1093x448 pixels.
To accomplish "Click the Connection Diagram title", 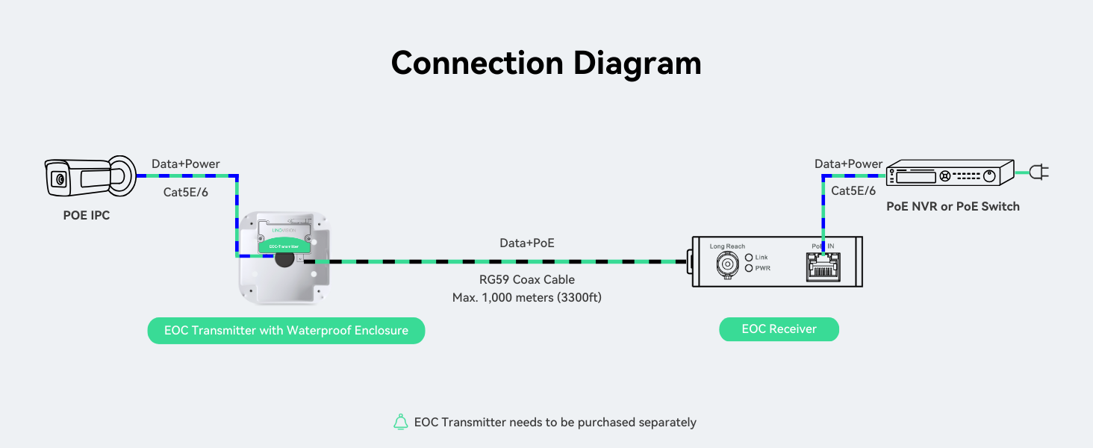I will click(546, 63).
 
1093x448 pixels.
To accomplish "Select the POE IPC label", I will click(86, 217).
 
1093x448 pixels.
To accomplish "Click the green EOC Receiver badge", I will click(779, 329).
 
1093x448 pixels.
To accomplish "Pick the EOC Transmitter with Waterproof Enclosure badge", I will click(286, 331).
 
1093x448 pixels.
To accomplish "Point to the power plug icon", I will click(1038, 172).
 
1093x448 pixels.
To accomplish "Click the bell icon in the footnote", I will click(401, 422).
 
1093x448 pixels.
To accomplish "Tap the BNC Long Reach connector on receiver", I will click(726, 264).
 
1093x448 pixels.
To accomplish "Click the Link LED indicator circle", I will click(749, 258).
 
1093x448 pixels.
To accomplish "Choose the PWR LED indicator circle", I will click(749, 268).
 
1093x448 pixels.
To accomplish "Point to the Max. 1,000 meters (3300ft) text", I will click(526, 297).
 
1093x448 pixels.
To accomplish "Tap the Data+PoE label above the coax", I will click(527, 243).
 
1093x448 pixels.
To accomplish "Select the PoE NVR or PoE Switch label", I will click(953, 206).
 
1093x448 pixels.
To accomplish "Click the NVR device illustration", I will click(950, 173).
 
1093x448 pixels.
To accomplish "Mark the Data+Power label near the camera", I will click(186, 164).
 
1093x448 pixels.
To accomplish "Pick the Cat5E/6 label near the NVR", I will click(853, 191).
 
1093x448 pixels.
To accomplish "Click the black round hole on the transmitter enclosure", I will click(284, 259).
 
